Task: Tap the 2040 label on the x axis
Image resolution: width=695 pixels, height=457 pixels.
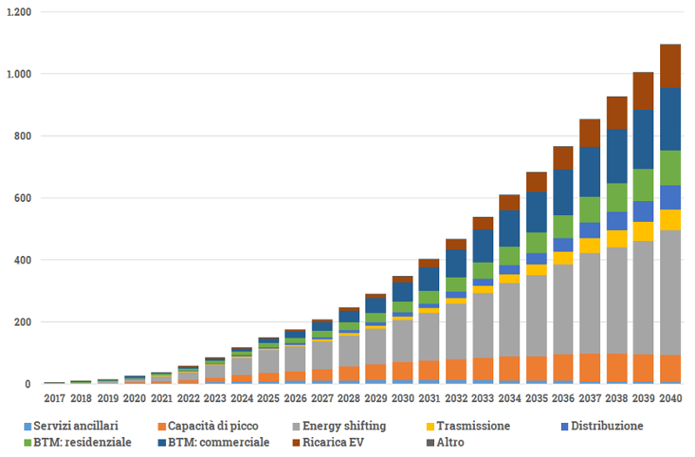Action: coord(670,399)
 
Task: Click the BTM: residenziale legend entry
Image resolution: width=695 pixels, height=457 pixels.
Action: coord(82,442)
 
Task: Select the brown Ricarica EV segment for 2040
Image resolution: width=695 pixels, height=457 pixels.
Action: coord(670,66)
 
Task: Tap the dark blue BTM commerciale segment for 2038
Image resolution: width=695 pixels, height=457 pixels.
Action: coord(618,156)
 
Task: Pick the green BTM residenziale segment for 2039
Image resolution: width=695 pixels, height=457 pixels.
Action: coord(644,185)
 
